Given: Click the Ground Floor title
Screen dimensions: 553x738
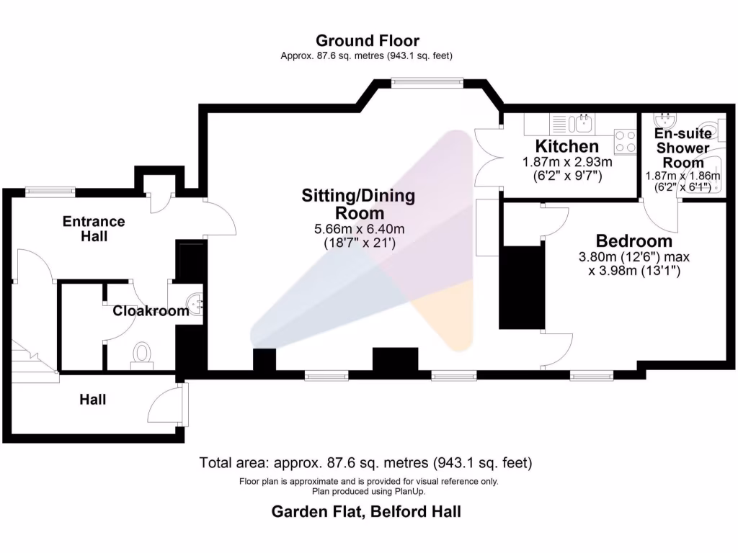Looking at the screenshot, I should pos(367,41).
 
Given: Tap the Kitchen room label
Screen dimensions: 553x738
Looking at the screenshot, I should pos(567,147).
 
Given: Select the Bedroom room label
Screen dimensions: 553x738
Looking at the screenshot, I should pos(634,241).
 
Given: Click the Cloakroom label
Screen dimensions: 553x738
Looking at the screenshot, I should pos(151,311).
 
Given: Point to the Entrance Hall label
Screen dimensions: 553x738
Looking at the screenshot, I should pos(94,228).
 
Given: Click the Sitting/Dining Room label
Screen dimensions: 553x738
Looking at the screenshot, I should pos(358,204).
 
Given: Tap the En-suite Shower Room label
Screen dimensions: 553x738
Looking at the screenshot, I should pos(683,148).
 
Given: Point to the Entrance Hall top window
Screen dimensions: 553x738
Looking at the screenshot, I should pos(50,191).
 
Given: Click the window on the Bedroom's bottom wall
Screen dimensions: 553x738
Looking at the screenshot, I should pos(592,375).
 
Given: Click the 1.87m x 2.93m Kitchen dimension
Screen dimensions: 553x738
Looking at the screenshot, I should pos(567,163).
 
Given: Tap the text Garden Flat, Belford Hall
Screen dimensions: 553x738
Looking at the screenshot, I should pos(366,512).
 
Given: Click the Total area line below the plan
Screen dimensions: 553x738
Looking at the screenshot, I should pos(366,462).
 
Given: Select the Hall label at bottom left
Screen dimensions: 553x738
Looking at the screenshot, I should pos(92,399).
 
